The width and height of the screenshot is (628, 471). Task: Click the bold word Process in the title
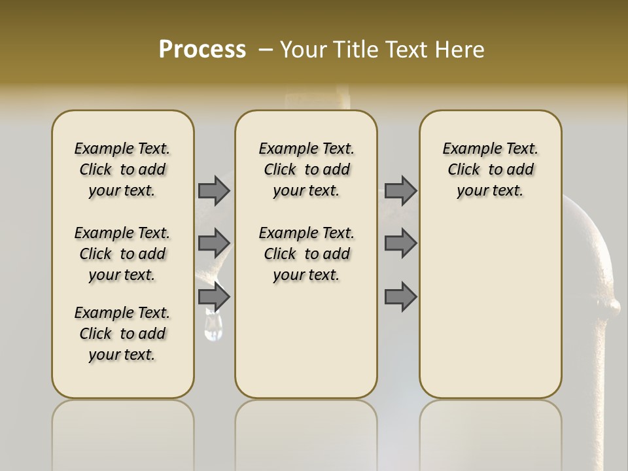(x=202, y=50)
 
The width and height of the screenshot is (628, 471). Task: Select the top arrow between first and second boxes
(x=214, y=190)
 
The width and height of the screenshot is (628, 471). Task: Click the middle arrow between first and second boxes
(x=214, y=243)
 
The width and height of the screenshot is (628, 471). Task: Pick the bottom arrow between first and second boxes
(x=214, y=298)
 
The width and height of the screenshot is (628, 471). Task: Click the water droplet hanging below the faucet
(x=213, y=326)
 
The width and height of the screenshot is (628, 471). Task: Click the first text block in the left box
(x=122, y=169)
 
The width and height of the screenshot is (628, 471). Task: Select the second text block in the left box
(x=122, y=254)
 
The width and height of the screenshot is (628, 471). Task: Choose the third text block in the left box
(x=122, y=334)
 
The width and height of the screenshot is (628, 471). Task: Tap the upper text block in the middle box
(x=306, y=169)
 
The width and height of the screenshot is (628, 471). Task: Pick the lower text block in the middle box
(x=306, y=254)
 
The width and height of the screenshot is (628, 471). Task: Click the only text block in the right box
(x=490, y=169)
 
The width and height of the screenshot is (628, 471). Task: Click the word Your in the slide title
(x=305, y=50)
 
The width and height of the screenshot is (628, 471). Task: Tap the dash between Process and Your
(x=266, y=50)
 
